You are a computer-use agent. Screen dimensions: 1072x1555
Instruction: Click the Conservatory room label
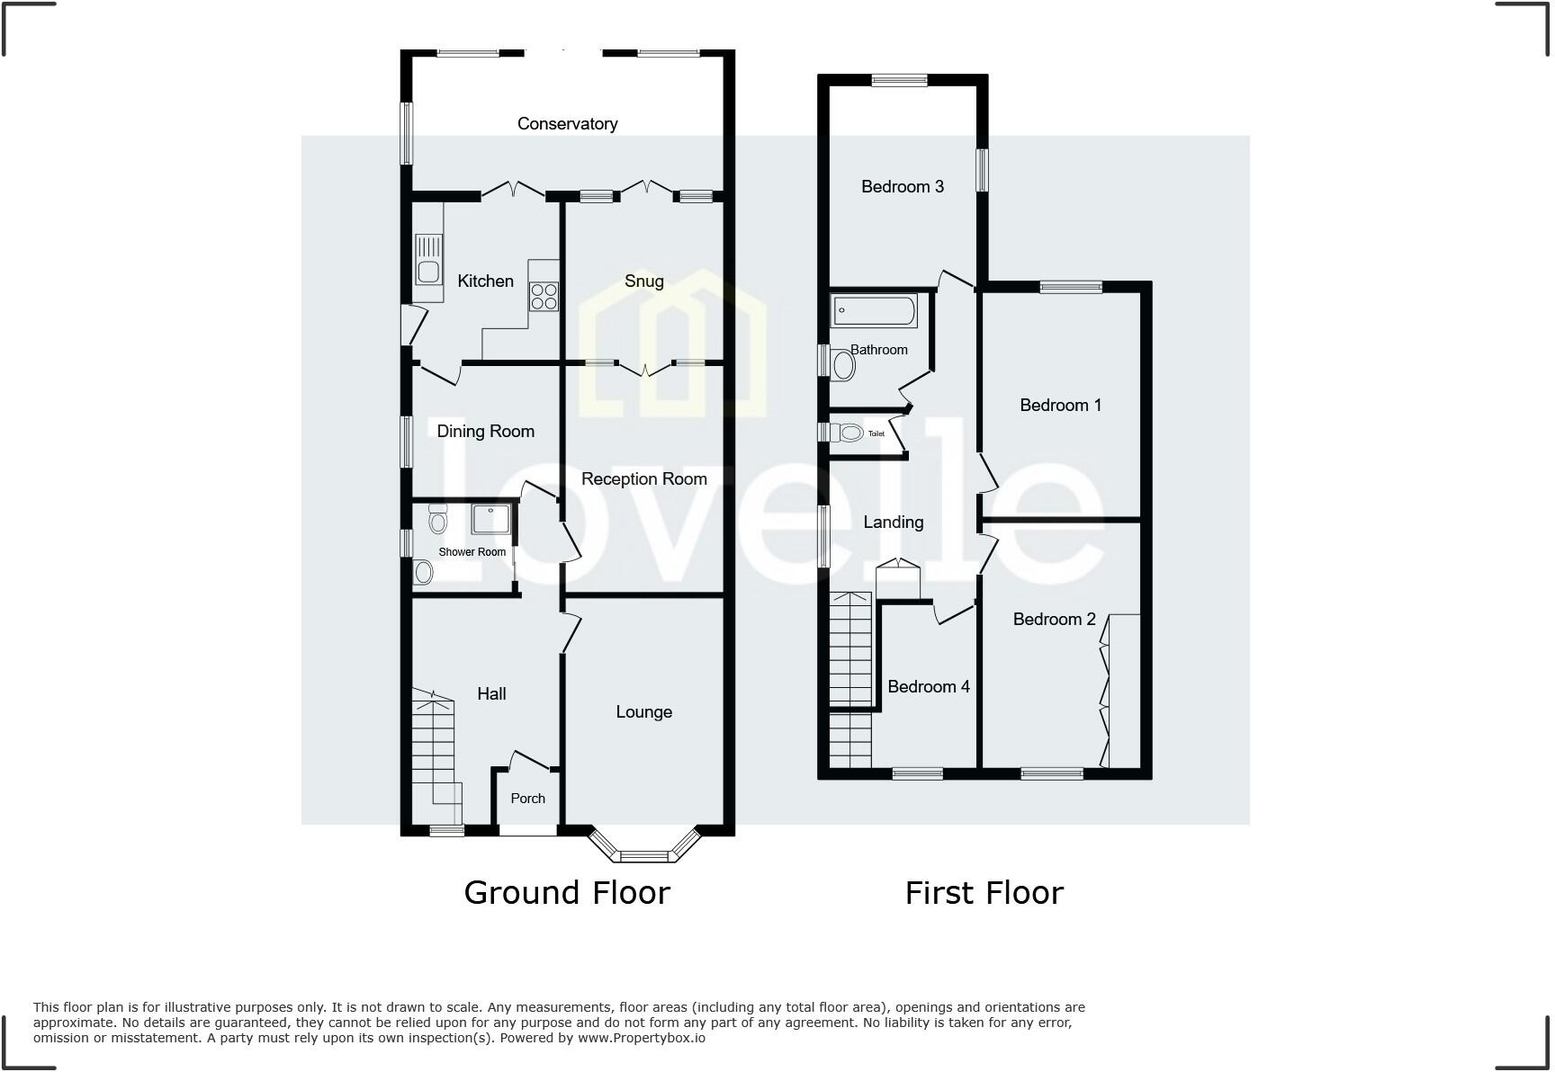tap(567, 124)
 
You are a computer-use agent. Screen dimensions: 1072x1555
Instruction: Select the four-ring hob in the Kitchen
tap(544, 296)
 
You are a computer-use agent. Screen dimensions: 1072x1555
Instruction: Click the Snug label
tap(644, 281)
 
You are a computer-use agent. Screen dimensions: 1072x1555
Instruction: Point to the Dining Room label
tap(485, 432)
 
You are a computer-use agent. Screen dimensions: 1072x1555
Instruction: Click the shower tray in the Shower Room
tap(491, 521)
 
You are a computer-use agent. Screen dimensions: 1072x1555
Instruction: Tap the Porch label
tap(527, 799)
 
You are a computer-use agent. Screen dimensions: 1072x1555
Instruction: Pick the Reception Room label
tap(644, 479)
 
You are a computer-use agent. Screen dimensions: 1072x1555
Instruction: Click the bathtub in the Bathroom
tap(874, 311)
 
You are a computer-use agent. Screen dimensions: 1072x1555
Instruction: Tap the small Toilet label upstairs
tap(876, 434)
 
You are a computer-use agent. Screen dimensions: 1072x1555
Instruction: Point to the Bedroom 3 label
tap(902, 187)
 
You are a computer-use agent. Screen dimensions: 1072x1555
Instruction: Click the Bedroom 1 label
tap(1060, 406)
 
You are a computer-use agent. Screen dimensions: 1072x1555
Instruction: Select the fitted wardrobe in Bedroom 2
tap(1124, 691)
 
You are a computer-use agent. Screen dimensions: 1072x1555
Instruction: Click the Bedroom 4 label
tap(928, 687)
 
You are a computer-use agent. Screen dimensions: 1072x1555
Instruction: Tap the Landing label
tap(893, 523)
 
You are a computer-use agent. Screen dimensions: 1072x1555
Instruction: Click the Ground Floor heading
tap(567, 893)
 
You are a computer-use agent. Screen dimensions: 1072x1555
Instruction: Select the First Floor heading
tap(984, 893)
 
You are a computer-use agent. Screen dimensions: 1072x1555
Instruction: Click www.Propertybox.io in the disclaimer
tap(641, 1038)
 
